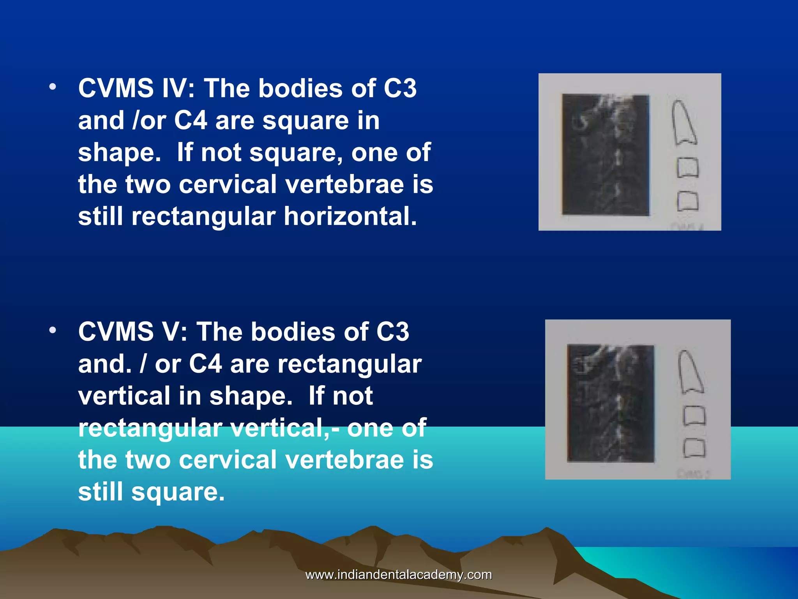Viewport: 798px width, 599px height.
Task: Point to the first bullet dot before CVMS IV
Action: point(53,87)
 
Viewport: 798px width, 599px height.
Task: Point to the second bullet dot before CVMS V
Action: point(53,331)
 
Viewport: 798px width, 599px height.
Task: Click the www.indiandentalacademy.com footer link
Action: point(398,574)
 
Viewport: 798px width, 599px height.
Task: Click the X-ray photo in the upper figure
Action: point(605,155)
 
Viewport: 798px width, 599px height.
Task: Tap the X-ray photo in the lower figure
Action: point(611,404)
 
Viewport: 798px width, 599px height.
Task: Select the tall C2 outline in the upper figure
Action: point(684,123)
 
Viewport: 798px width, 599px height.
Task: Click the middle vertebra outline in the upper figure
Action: point(687,168)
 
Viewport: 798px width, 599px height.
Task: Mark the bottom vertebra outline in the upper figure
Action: point(687,201)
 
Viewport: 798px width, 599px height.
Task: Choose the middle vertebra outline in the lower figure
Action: point(694,416)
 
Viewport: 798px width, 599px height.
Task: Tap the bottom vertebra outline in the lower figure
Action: point(694,448)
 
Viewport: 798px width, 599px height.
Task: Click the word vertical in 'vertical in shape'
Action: point(124,396)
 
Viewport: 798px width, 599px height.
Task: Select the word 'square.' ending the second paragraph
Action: point(178,492)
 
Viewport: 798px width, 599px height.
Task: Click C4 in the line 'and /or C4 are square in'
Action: point(190,121)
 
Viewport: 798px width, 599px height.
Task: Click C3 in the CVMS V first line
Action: point(392,332)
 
